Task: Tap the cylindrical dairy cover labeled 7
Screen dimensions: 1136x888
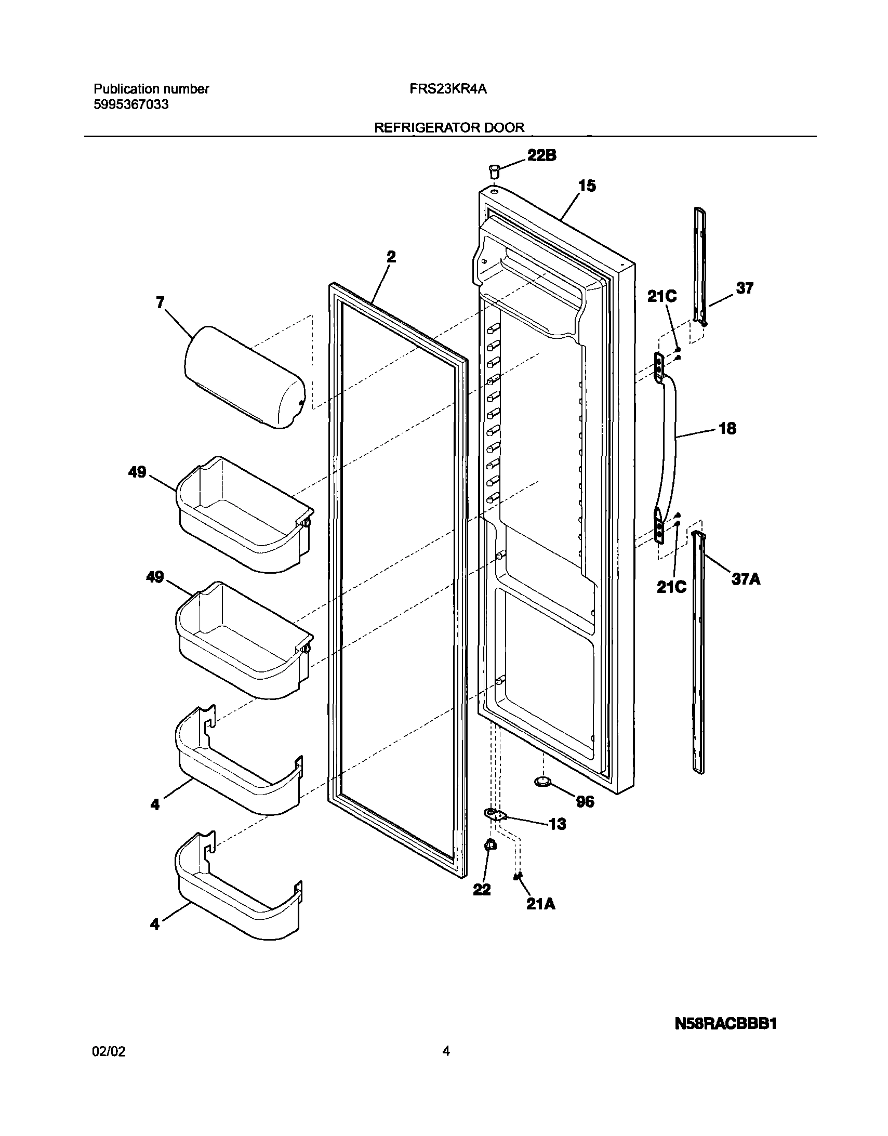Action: click(245, 377)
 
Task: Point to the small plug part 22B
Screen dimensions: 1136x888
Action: click(494, 171)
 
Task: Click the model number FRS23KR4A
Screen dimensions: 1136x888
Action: click(448, 89)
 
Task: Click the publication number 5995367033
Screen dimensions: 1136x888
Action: click(131, 104)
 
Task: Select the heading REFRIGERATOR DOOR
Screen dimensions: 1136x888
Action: click(449, 127)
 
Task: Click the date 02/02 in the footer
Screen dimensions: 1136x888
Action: click(109, 1051)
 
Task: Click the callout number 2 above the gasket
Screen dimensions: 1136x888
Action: click(391, 256)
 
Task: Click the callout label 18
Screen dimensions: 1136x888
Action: click(727, 429)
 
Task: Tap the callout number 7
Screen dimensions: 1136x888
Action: click(160, 303)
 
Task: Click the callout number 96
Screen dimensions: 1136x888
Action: click(585, 801)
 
